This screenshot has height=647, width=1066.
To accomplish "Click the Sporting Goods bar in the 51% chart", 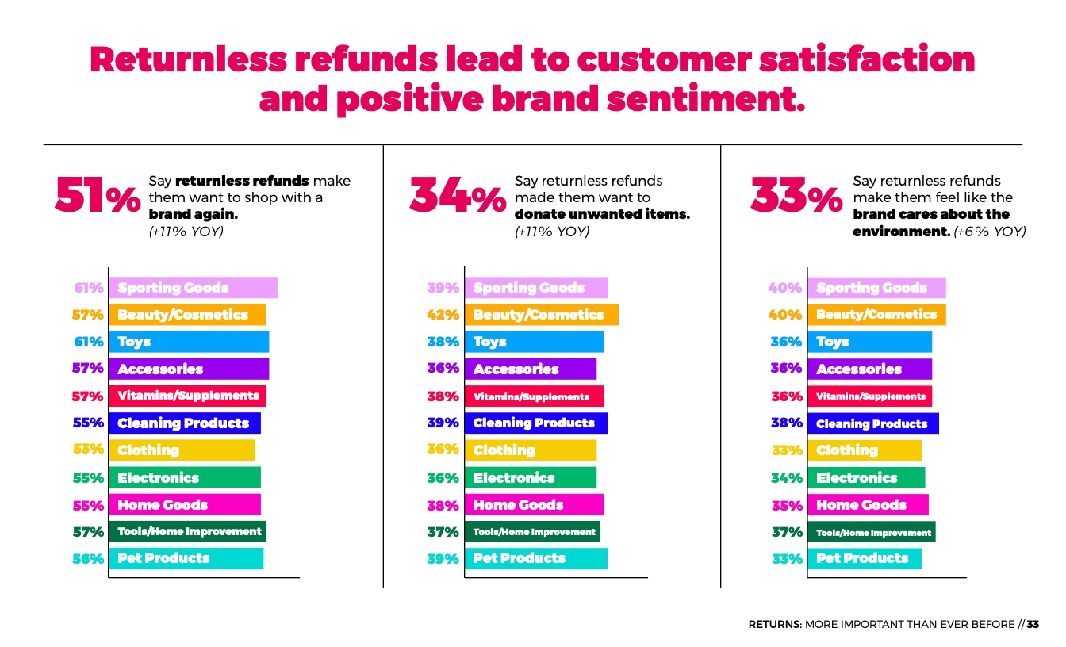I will tap(193, 288).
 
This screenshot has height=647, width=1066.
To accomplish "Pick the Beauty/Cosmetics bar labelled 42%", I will tap(541, 315).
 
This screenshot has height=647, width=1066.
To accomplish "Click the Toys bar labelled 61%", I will tap(189, 342).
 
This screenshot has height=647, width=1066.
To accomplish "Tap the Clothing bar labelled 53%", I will tap(182, 450).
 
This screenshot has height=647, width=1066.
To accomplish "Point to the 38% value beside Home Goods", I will tap(443, 505).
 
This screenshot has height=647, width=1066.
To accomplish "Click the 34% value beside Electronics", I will tap(787, 478).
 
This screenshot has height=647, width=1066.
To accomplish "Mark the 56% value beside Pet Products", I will tap(88, 558).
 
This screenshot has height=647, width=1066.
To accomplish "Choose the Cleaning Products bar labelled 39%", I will tap(535, 423).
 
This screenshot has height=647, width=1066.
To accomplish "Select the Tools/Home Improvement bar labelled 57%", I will tap(187, 531).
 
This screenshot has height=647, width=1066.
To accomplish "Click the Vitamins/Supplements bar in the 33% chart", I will tap(870, 396).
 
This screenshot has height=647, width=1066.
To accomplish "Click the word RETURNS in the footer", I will tap(774, 625).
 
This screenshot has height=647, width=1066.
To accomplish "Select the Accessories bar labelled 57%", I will tap(189, 369).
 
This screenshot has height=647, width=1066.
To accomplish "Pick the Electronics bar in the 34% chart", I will tap(530, 478).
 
